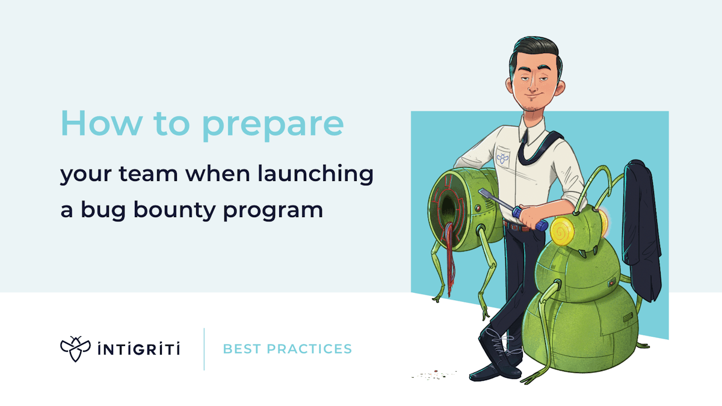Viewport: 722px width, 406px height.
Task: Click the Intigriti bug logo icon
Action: [x=75, y=349]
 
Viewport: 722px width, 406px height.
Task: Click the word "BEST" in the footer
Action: [x=242, y=349]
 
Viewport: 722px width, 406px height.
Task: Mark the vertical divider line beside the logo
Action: [x=204, y=349]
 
